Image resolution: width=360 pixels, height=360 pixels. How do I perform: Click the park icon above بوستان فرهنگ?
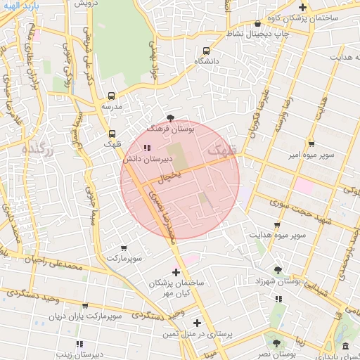171,118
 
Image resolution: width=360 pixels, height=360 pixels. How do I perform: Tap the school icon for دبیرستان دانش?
146,148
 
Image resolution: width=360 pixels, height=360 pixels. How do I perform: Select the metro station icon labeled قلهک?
112,134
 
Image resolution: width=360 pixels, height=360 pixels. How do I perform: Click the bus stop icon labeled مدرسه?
111,96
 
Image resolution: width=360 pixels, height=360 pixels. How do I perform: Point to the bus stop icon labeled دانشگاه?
205,51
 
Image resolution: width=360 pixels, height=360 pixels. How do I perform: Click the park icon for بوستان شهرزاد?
278,270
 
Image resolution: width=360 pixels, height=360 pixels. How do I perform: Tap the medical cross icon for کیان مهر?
176,272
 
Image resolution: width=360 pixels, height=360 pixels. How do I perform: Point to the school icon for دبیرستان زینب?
79,344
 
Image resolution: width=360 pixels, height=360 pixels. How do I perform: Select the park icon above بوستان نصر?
276,344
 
